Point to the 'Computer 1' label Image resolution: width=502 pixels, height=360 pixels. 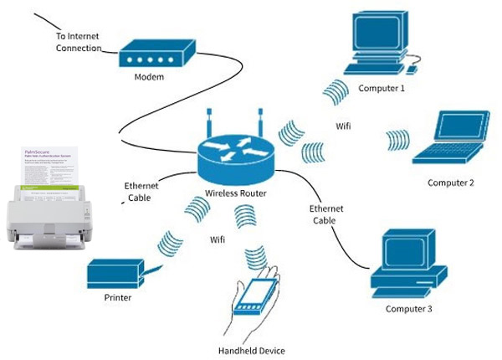[382, 88]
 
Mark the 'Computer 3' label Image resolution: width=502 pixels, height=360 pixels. [409, 309]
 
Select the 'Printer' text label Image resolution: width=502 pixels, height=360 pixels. [118, 297]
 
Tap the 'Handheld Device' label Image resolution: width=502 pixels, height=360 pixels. [251, 350]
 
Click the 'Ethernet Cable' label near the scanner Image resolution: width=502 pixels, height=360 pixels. [140, 193]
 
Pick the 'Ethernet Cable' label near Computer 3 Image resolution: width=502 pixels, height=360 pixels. [325, 214]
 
